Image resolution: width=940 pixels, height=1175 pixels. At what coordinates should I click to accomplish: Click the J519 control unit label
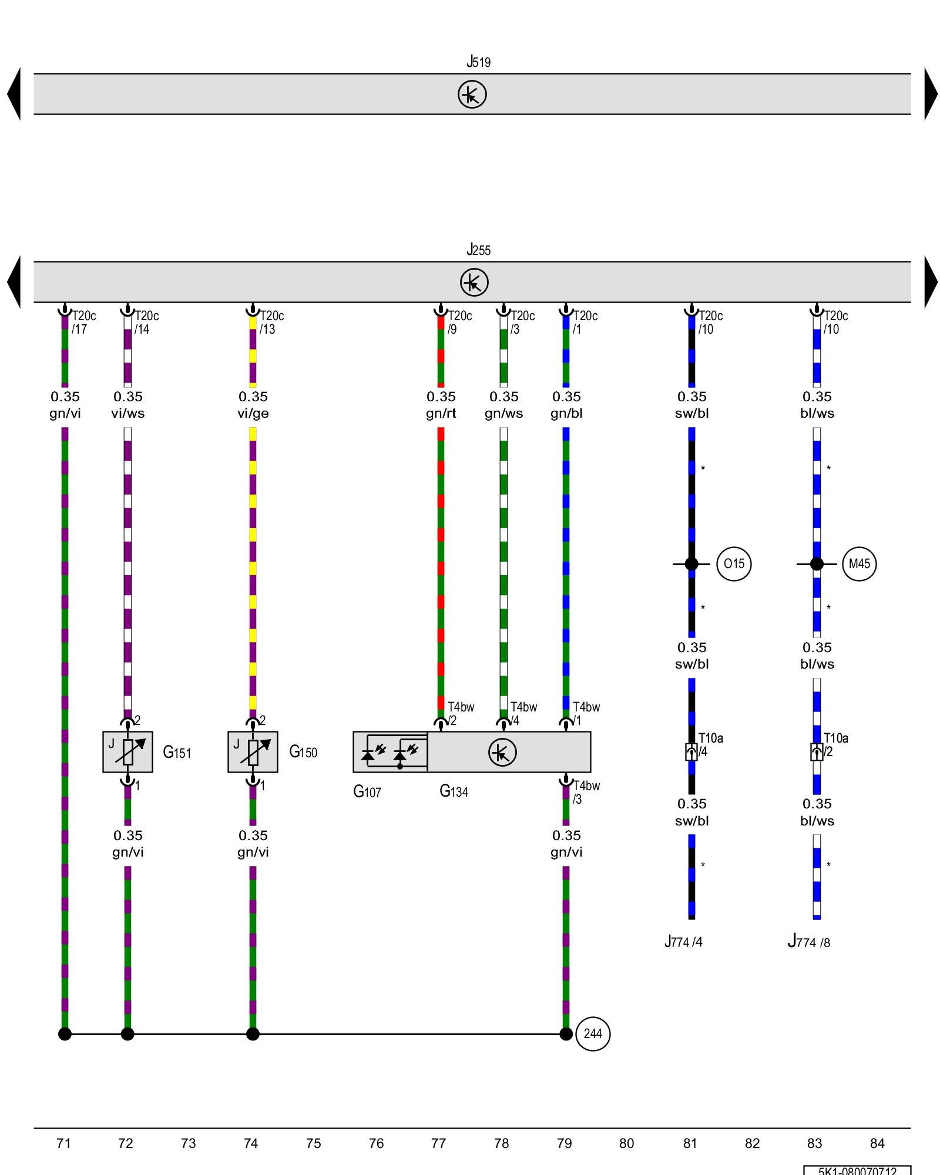point(478,62)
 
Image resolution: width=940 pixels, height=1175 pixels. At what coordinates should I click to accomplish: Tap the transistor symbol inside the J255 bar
point(474,282)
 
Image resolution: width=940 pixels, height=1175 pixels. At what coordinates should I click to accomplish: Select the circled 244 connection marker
point(593,1034)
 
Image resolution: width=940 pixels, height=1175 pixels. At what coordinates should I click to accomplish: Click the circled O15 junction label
point(734,564)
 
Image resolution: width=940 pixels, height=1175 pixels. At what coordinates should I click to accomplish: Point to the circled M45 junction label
point(859,564)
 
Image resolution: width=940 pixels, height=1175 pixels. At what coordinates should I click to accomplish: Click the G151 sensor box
point(127,752)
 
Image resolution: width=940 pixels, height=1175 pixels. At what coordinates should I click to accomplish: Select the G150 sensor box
point(253,752)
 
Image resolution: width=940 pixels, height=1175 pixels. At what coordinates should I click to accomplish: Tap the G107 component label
point(367,792)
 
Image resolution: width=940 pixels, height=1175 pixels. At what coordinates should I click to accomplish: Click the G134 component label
point(454,791)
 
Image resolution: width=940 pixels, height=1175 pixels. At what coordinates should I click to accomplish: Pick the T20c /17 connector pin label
point(83,323)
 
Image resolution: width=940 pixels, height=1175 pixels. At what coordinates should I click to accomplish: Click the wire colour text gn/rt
point(441,414)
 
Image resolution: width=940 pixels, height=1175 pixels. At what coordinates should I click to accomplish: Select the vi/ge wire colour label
point(253,414)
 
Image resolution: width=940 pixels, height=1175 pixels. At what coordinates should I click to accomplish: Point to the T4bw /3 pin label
point(586,793)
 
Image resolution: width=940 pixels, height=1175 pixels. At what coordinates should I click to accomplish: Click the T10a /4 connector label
point(710,745)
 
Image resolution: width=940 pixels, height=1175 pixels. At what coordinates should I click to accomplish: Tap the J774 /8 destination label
point(808,942)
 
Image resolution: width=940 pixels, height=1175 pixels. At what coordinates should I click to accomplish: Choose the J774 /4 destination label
point(683,942)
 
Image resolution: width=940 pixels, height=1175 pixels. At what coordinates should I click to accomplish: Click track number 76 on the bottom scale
point(376,1143)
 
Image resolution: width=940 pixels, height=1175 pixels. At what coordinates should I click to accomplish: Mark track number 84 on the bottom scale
point(877,1143)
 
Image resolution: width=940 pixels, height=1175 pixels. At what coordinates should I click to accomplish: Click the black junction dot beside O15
point(691,564)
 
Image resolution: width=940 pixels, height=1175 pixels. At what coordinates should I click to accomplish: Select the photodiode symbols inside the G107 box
point(390,752)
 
